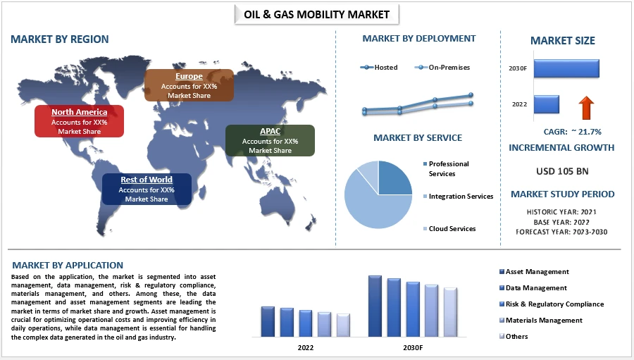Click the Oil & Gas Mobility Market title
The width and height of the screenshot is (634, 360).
point(316,15)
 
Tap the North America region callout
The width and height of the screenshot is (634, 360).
point(79,121)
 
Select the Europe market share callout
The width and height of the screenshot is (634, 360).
point(189,85)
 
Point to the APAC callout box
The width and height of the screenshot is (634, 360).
point(270,140)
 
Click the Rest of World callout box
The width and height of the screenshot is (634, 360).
point(147,189)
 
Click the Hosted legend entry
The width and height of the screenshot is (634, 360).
point(379,68)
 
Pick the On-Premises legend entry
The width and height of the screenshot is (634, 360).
point(442,68)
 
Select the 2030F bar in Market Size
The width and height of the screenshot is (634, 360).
point(566,68)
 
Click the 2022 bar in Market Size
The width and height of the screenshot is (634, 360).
point(547,104)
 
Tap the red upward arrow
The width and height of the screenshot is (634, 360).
point(586,108)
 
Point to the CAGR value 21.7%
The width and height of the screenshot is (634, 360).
point(586,132)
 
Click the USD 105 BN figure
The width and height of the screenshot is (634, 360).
point(562,171)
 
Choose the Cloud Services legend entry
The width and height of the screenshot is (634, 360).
point(449,228)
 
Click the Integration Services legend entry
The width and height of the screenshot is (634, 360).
point(458,196)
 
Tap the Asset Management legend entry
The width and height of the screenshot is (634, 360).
point(534,272)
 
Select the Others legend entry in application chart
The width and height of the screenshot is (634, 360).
point(514,336)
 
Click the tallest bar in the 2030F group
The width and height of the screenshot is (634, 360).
point(375,306)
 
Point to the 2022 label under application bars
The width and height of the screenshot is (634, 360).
point(306,347)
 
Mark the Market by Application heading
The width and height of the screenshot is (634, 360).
point(68,266)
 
